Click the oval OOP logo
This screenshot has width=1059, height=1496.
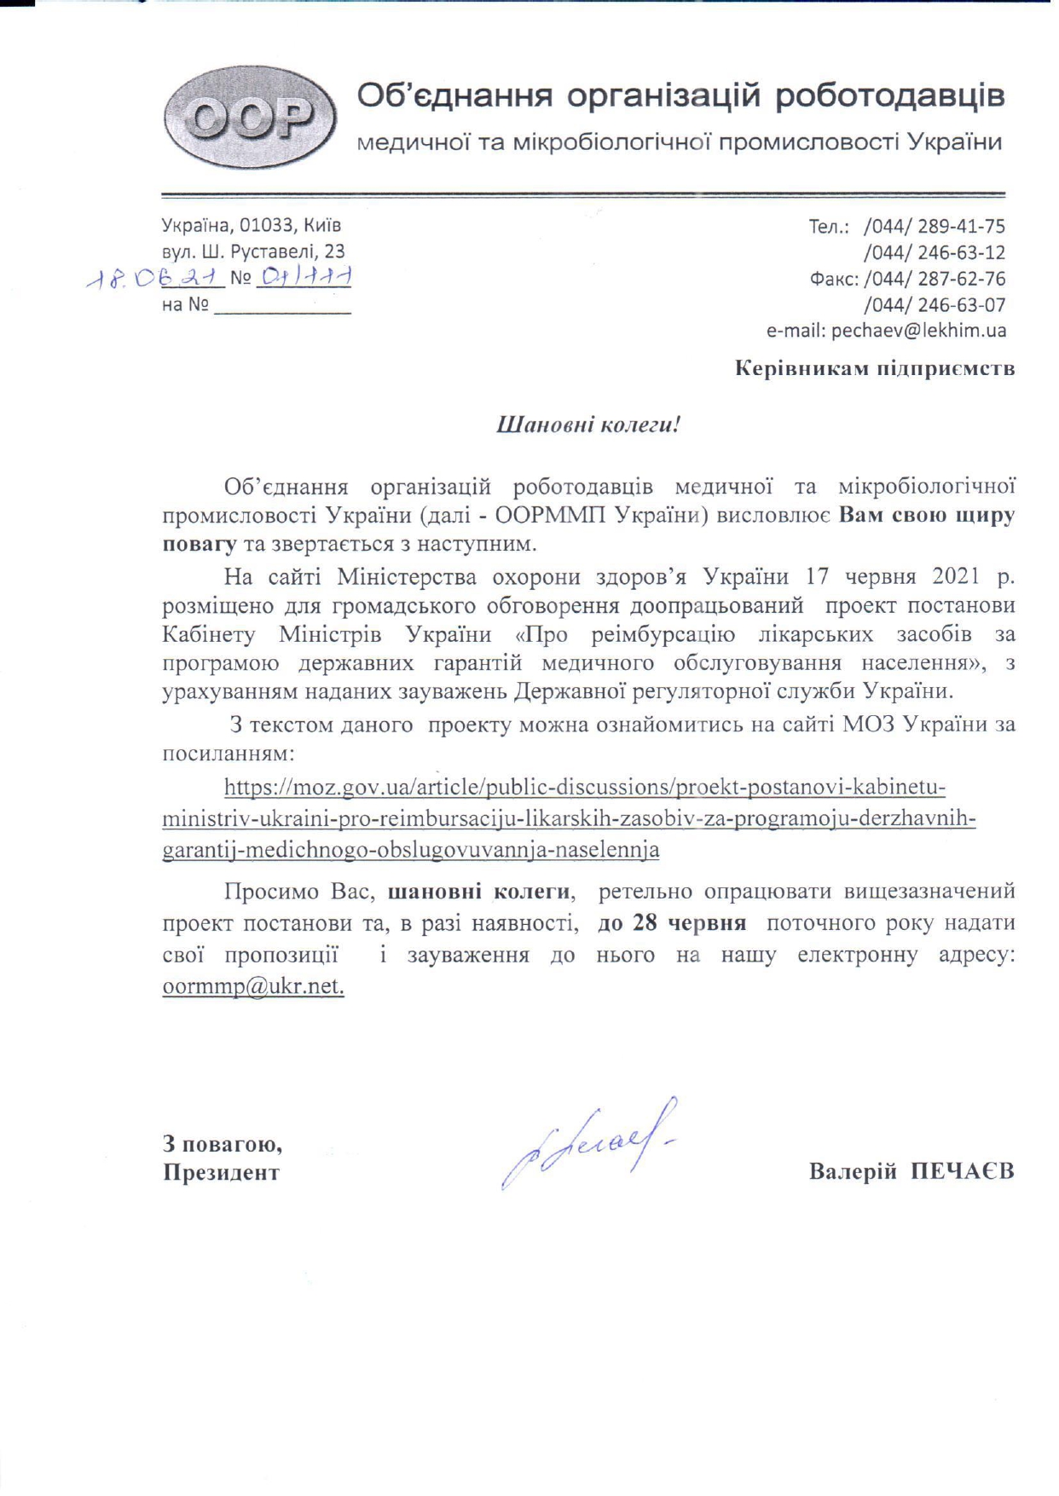click(250, 118)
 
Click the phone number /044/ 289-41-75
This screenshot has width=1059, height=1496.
click(935, 227)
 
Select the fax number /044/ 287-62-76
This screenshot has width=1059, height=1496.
click(935, 279)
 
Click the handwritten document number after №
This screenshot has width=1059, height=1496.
click(305, 276)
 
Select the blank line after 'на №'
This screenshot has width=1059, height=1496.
click(282, 307)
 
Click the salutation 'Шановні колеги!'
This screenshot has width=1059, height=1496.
click(588, 425)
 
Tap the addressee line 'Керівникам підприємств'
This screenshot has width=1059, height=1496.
click(875, 369)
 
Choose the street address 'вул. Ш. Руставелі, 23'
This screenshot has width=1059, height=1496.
click(253, 251)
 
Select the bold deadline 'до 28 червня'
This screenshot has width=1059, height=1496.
click(672, 923)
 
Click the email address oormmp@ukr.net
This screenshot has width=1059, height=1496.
click(253, 987)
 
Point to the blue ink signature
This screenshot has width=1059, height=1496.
click(588, 1142)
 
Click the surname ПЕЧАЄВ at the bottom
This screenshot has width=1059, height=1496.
click(962, 1171)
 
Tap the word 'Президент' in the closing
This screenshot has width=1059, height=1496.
click(222, 1173)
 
